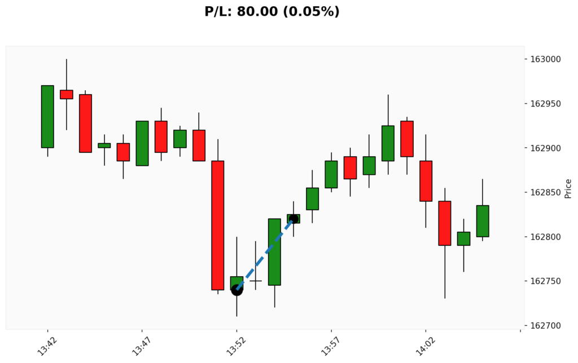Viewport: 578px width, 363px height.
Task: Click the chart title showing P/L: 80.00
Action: tap(272, 11)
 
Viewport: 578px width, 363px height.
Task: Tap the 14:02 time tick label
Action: tap(424, 343)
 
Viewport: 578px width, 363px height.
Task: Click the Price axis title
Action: tap(568, 189)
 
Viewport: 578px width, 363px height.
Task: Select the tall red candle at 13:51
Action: tap(218, 225)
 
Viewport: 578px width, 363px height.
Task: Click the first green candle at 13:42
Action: tap(47, 116)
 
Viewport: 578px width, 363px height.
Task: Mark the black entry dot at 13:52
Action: tap(237, 290)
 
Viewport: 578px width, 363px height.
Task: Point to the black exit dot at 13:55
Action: tap(294, 219)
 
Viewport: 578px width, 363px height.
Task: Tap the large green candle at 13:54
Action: tap(274, 251)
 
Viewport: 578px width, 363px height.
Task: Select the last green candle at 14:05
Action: tap(483, 221)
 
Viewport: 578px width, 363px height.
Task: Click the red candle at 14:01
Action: tap(407, 139)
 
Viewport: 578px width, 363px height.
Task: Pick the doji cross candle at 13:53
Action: tap(256, 280)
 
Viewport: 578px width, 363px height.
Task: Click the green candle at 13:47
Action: tap(142, 143)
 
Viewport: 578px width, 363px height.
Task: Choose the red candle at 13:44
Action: tap(85, 123)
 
